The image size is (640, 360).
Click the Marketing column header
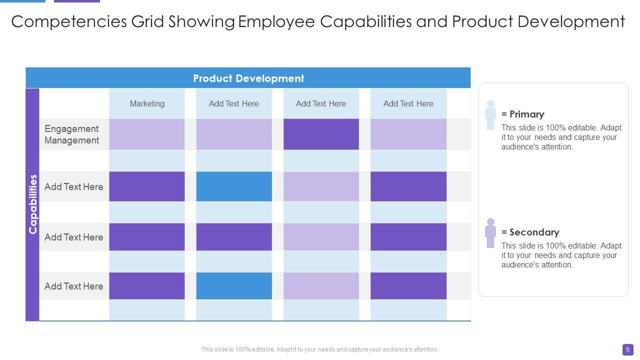click(147, 103)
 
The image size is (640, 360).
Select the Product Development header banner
click(248, 78)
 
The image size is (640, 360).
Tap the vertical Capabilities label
click(33, 204)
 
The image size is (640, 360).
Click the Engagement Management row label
click(71, 134)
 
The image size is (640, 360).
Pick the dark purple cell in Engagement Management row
click(321, 134)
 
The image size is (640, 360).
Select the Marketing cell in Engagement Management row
click(147, 134)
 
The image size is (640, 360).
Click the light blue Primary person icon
click(490, 115)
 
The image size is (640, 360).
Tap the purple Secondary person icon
click(490, 233)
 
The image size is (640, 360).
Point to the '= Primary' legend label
click(523, 114)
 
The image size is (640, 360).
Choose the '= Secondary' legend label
click(530, 232)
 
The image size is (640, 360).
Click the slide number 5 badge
click(628, 349)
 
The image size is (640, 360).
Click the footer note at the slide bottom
click(320, 349)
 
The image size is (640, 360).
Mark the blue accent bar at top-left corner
click(22, 1)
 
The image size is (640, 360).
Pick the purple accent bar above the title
click(77, 1)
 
